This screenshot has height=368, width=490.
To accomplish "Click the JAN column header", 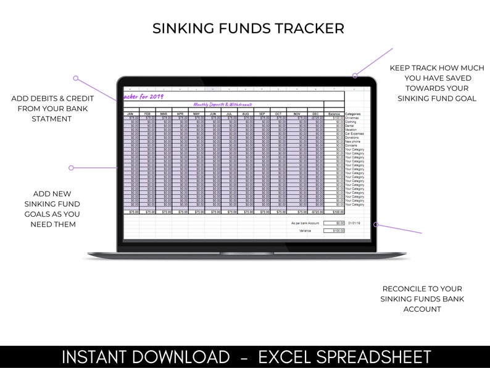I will pos(130,114).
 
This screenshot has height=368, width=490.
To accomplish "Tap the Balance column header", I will pos(334,114).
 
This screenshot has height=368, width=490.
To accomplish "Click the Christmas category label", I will pos(354,118).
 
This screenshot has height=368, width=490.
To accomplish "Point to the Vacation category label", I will pos(351,130).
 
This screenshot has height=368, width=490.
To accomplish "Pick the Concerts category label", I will pos(351,146).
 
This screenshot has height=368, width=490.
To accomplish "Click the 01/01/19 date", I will pos(355,223).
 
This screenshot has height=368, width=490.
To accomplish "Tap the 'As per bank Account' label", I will pos(304,223).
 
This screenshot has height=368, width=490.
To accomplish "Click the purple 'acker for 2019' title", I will pos(143,96).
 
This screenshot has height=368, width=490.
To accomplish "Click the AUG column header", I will pos(246,114).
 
